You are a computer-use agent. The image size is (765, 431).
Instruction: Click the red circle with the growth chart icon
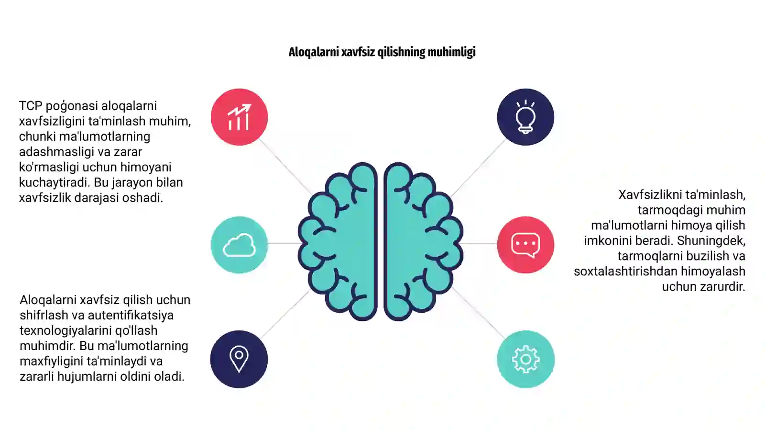coord(239,117)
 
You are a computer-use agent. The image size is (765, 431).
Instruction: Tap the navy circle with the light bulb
coord(525,117)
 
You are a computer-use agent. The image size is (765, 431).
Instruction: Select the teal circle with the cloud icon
coord(239,245)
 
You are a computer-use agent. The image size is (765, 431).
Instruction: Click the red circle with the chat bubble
coord(525,245)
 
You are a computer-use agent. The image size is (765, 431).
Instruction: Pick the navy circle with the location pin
coord(239,359)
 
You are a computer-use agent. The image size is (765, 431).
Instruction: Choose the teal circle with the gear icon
coord(525,359)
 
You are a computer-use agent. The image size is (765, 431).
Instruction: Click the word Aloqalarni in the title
coord(314,52)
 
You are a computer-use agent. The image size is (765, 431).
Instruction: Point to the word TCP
coord(31,106)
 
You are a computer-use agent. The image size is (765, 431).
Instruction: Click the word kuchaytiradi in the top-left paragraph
coord(55,182)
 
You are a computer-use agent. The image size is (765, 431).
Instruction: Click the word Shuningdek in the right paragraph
coord(711,241)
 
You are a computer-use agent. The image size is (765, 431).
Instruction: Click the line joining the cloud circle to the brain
coord(284,243)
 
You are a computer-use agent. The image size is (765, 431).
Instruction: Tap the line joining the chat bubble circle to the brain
coord(479,243)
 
